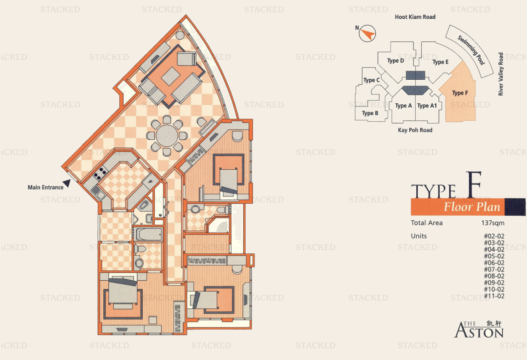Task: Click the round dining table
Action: (167, 136)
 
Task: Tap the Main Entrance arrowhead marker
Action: (67, 183)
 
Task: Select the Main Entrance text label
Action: (45, 188)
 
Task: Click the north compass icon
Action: (367, 34)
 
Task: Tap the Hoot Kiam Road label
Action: (415, 17)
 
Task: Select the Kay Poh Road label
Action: (415, 130)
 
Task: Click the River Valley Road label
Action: (501, 74)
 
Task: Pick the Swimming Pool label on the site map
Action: (472, 50)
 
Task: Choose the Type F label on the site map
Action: (460, 93)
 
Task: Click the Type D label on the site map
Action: (395, 61)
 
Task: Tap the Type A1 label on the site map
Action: (427, 106)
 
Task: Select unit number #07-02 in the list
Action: (494, 270)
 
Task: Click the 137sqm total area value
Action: (493, 223)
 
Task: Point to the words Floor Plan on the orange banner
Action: (472, 206)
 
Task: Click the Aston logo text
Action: (479, 330)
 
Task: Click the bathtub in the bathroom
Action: (148, 234)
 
